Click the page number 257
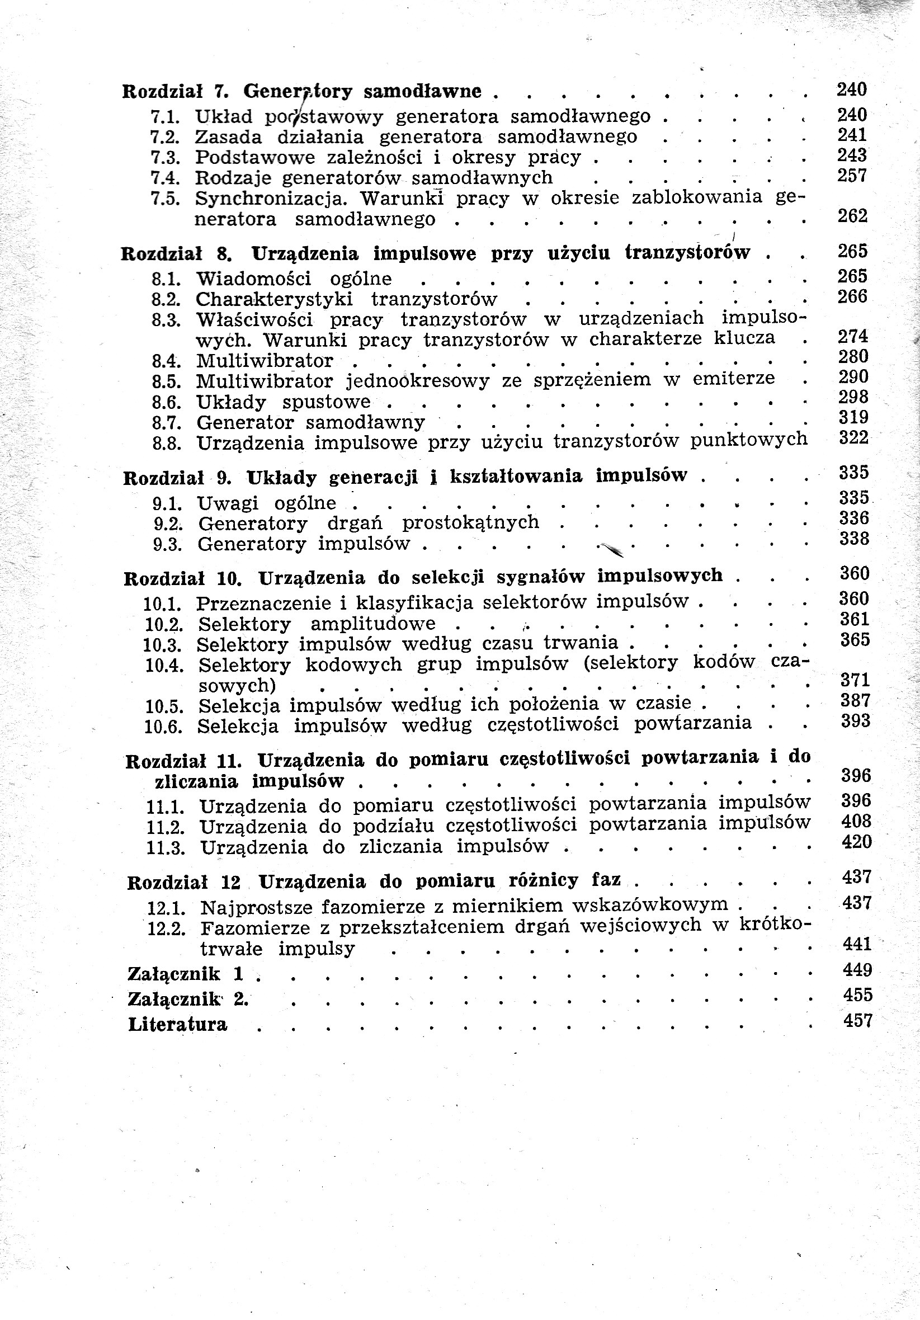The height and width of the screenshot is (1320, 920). pos(852,176)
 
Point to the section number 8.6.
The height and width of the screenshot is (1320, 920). pos(166,403)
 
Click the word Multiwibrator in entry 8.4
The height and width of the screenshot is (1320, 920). pos(265,361)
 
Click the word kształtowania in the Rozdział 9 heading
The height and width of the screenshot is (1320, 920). pos(516,477)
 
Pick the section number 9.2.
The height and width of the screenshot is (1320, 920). pos(167,524)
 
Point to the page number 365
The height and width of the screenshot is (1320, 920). pos(855,640)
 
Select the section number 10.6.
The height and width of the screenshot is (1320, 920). pos(163,727)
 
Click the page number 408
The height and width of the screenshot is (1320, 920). pos(856,822)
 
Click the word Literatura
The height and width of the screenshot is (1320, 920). pos(178,1025)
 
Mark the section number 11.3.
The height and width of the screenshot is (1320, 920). pos(166,848)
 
